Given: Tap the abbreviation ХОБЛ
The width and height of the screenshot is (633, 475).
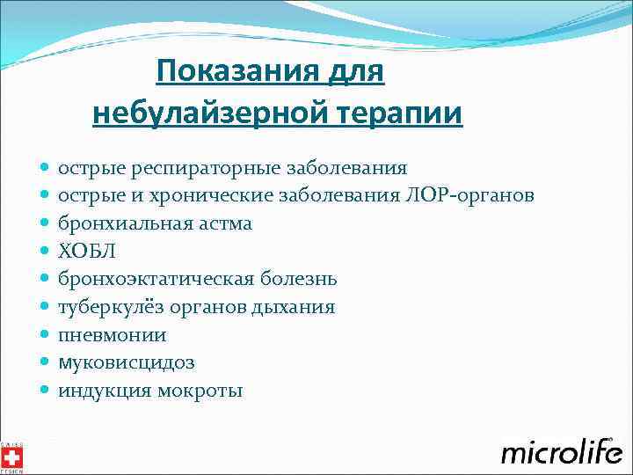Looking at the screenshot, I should [86, 252].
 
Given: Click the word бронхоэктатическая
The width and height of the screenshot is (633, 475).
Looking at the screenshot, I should [155, 280].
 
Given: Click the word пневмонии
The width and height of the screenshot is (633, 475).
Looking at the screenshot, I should [113, 336].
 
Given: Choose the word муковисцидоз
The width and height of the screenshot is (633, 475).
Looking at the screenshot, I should [127, 363].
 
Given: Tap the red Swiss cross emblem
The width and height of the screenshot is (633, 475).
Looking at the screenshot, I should [12, 457].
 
